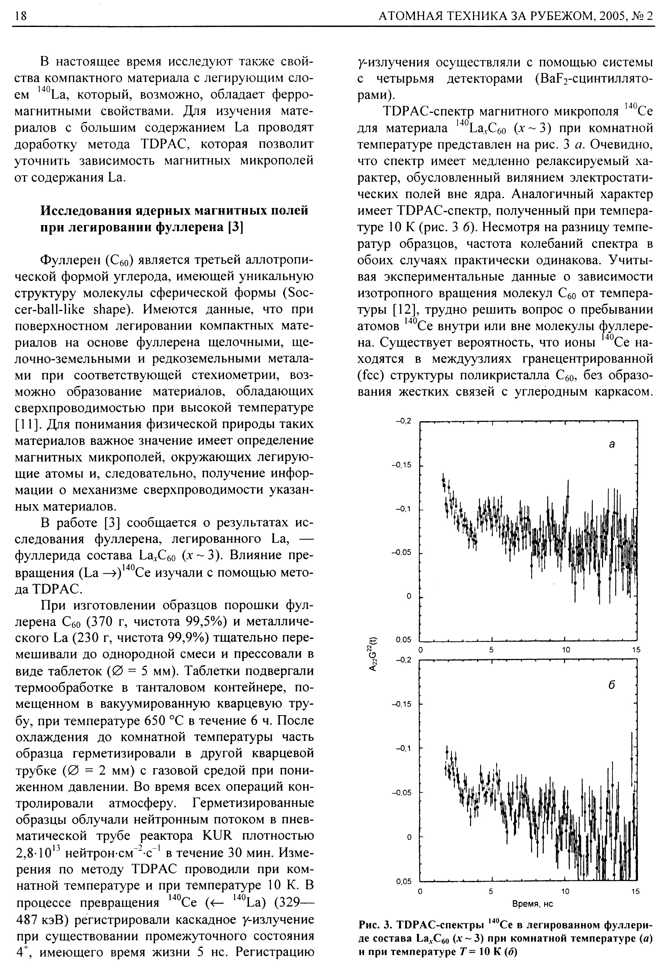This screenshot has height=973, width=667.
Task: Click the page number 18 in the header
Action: pyautogui.click(x=21, y=16)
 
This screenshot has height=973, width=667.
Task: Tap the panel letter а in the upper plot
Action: pyautogui.click(x=612, y=445)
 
